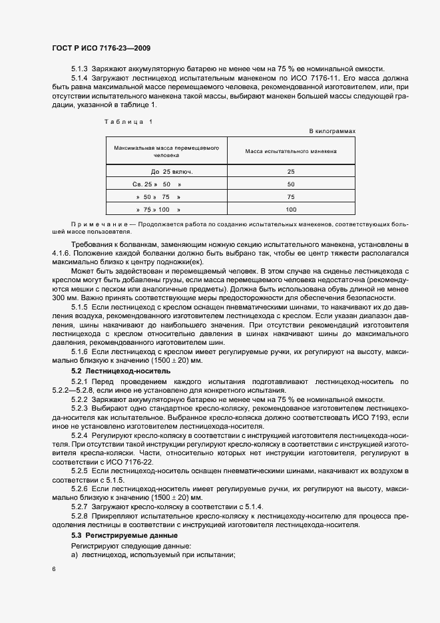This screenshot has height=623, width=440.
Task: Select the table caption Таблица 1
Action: pyautogui.click(x=129, y=121)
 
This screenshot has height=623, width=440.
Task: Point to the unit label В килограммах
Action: pyautogui.click(x=333, y=131)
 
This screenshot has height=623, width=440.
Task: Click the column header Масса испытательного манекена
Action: pyautogui.click(x=291, y=152)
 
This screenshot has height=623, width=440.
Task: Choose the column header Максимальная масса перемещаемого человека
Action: pyautogui.click(x=166, y=152)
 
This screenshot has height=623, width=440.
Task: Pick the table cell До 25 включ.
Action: pyautogui.click(x=167, y=172)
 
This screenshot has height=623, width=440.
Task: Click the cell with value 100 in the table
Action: pyautogui.click(x=291, y=210)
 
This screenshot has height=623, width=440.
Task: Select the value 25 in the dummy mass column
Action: pyautogui.click(x=291, y=172)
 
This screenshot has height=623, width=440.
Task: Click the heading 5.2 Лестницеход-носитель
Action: pyautogui.click(x=120, y=370)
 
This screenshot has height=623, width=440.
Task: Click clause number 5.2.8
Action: pyautogui.click(x=79, y=517)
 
